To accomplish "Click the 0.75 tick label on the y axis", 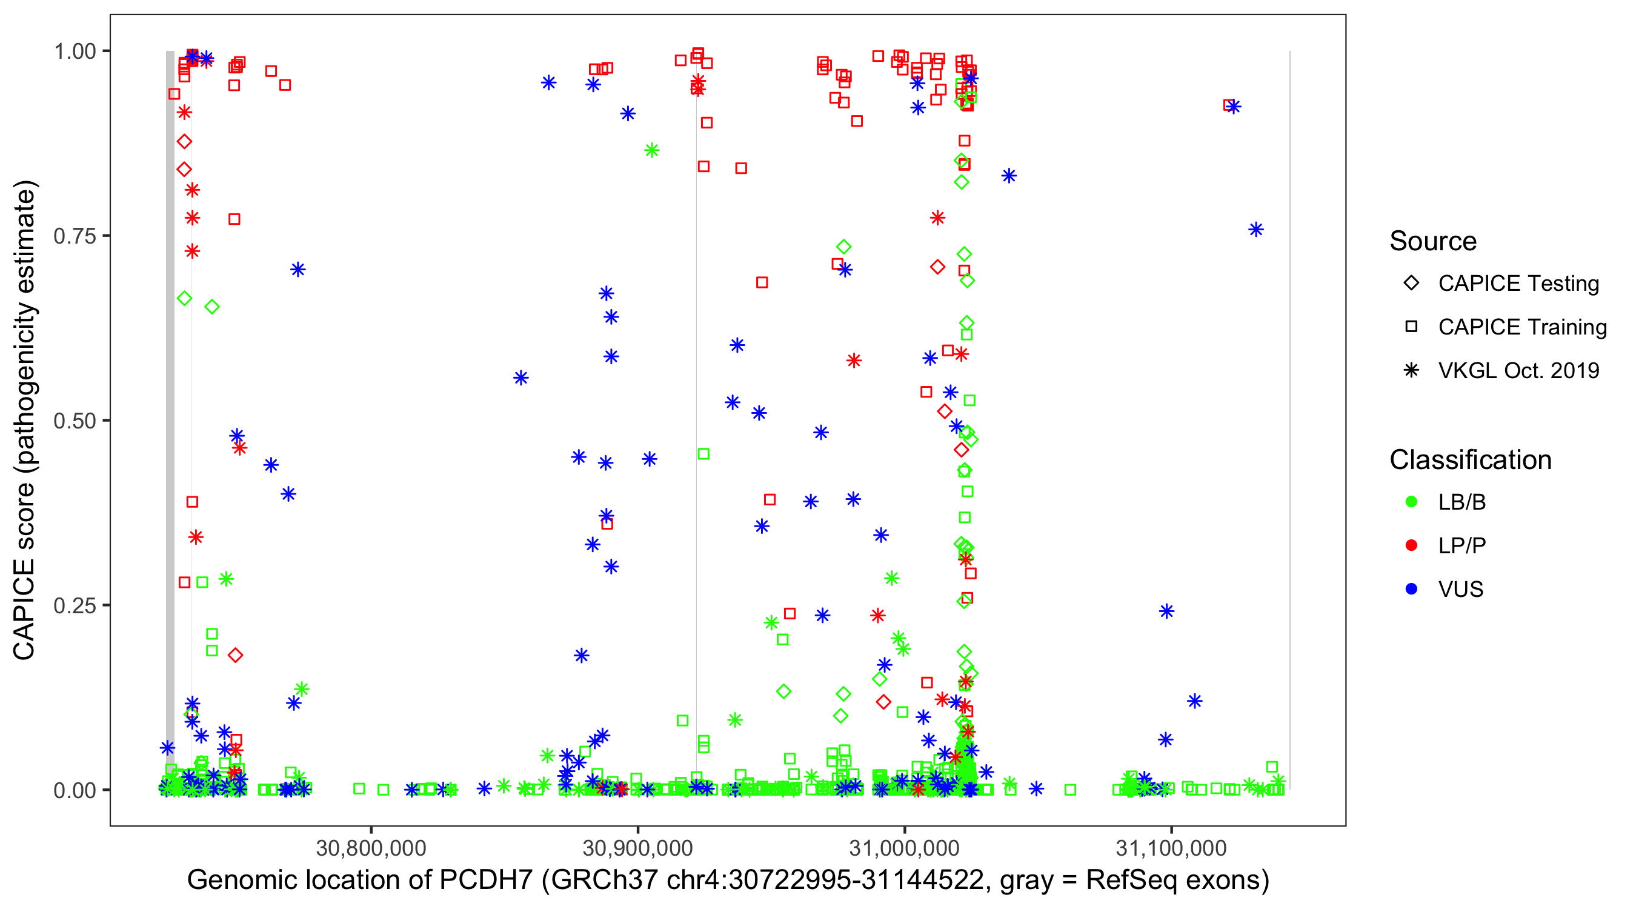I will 74,236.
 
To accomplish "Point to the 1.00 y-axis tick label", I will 74,51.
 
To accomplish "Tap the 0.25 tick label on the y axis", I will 74,605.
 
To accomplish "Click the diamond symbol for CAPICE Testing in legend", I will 1411,282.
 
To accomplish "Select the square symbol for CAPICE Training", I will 1411,327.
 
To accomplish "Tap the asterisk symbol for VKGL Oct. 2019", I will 1411,370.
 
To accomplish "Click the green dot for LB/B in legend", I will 1411,502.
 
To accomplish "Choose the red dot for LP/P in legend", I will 1411,545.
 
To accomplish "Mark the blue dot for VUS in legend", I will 1411,589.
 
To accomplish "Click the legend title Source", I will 1433,241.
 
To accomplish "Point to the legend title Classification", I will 1470,459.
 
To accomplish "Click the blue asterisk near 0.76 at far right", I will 1255,229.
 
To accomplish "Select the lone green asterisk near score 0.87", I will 651,150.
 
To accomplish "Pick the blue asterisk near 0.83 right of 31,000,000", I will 1009,175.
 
